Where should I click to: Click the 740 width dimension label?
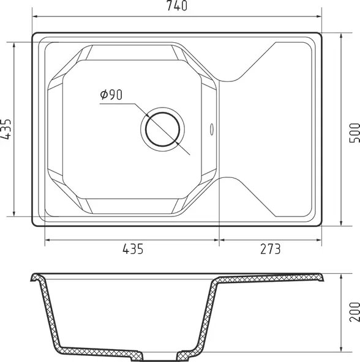tap(177, 6)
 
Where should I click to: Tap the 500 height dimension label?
tap(354, 133)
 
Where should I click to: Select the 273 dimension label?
tap(270, 249)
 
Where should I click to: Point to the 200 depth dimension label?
tap(354, 312)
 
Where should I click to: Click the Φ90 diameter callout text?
tap(111, 95)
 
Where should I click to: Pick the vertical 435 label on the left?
tap(6, 129)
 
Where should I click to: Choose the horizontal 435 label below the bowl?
tap(133, 249)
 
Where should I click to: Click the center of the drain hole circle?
tap(162, 129)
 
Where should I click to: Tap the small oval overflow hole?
tap(212, 129)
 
